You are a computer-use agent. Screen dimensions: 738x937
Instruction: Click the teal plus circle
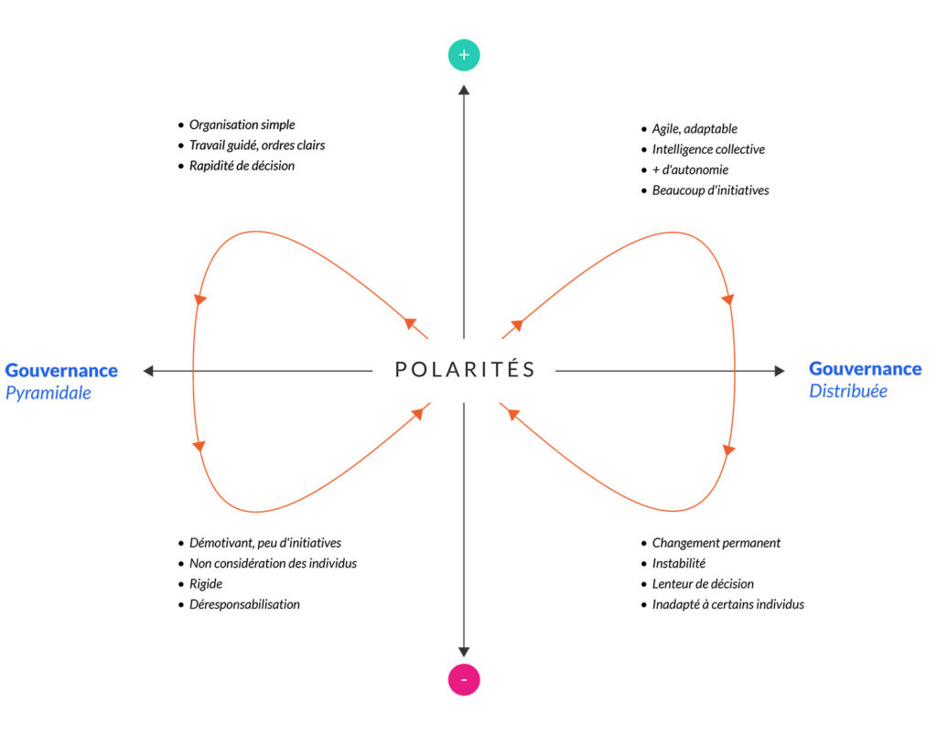coord(464,55)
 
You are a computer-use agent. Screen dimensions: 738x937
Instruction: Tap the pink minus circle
coord(464,679)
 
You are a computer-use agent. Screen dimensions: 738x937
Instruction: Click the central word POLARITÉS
coord(465,370)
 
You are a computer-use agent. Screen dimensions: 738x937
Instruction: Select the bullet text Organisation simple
coord(242,125)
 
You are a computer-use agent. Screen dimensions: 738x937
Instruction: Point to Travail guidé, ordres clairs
coord(256,145)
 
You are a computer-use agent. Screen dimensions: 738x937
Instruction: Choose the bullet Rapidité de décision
coord(242,166)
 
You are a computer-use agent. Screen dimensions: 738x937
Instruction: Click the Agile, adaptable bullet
coord(695,129)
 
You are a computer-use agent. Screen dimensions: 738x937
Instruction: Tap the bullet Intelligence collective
coord(708,149)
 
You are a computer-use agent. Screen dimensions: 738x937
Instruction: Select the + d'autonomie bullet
coord(690,169)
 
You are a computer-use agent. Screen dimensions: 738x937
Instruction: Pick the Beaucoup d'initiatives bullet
coord(710,190)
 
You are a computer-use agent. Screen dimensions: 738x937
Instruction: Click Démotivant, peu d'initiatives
coord(264,543)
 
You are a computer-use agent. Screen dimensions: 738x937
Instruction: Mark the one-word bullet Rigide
coord(206,583)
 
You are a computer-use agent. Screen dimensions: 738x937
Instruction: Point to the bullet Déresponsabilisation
coord(244,604)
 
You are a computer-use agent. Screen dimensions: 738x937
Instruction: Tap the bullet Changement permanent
coord(716,543)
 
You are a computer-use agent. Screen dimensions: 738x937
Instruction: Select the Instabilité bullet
coord(678,563)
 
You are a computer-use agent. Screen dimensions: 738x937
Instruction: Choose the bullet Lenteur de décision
coord(703,583)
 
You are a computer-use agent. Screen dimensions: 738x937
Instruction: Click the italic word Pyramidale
coord(48,393)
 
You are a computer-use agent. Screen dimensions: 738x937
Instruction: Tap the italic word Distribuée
coord(848,391)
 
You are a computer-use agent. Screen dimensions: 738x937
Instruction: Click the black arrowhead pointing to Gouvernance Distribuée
coord(779,371)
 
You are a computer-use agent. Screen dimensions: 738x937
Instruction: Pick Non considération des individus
coord(273,563)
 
